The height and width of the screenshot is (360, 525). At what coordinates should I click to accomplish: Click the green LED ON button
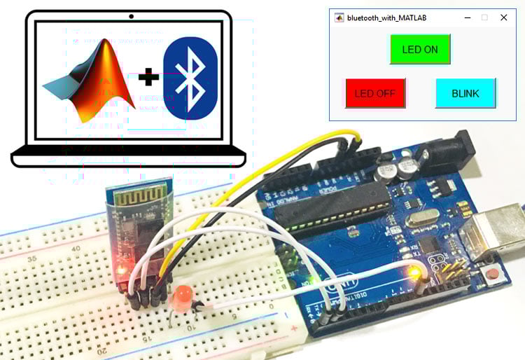pos(420,49)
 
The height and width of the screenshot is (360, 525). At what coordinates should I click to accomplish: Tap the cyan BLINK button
pos(465,93)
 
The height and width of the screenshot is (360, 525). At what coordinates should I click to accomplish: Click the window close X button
pos(503,18)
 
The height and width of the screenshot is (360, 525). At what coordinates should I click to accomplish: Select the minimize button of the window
pos(467,18)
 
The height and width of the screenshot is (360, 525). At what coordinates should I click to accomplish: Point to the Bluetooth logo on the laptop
pos(190,78)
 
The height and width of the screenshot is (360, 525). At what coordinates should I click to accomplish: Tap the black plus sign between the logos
pos(148,77)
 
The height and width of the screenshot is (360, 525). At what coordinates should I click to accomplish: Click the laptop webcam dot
pos(131,15)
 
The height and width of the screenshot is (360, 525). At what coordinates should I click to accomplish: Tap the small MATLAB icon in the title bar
pos(339,18)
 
